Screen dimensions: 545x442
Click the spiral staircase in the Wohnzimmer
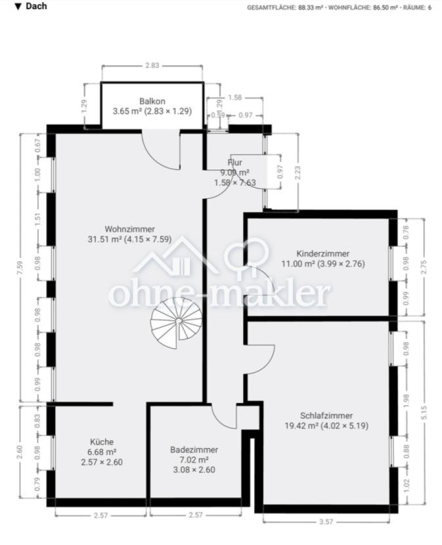[175, 322]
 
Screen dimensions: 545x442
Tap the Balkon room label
[152, 101]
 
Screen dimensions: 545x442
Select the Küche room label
[102, 442]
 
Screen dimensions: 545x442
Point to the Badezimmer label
[194, 450]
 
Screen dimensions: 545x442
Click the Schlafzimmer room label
[326, 416]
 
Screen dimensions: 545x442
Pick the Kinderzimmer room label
[322, 253]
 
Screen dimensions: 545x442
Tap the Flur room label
[235, 162]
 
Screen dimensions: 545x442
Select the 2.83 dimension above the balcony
[152, 66]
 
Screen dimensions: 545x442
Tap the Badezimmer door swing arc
[225, 417]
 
